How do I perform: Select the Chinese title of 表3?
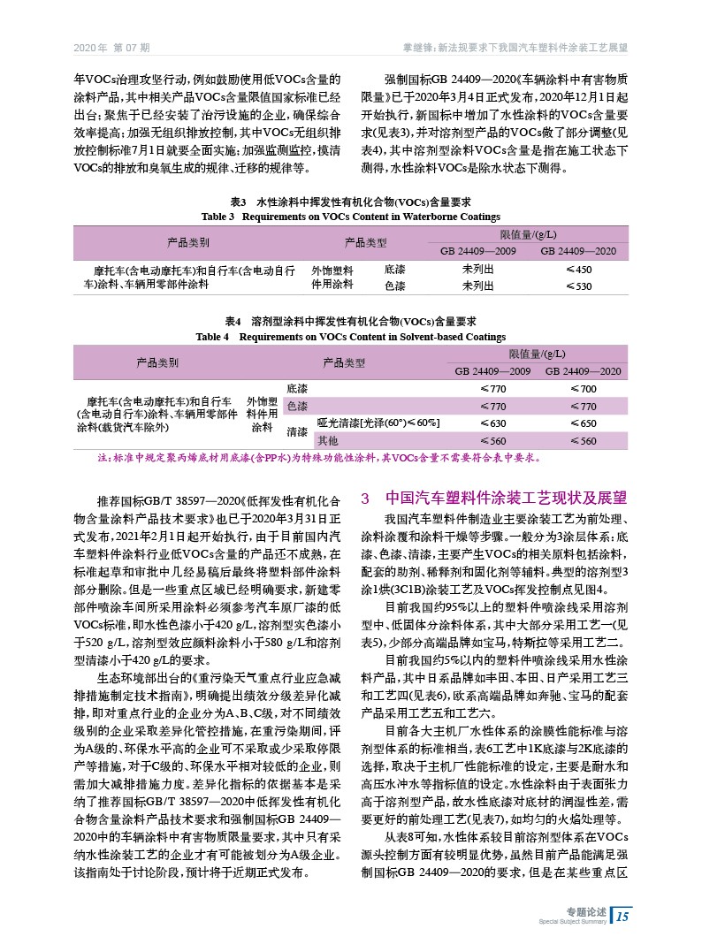352,202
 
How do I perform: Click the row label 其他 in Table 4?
328,440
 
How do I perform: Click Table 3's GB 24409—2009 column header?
478,251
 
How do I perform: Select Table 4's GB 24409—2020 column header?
584,370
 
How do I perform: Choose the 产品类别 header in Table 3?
188,242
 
